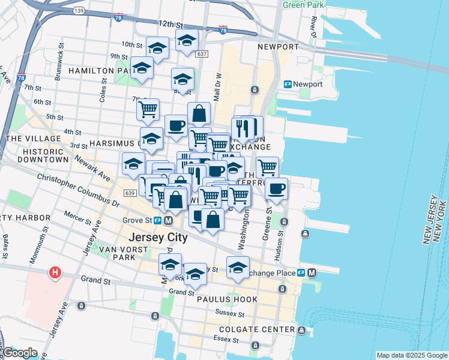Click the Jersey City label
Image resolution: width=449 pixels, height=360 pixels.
coord(158,237)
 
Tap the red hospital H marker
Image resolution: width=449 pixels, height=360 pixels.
coord(55,273)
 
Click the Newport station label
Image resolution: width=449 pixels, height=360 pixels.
coord(307,84)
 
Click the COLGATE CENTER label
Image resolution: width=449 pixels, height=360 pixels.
coord(258,329)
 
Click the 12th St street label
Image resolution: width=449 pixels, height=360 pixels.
coord(170,24)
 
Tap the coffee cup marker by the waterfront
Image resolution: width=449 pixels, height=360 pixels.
coord(276,188)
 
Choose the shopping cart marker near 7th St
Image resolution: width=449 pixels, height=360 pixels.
coord(148,109)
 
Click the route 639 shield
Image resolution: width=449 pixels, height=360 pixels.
coord(130,193)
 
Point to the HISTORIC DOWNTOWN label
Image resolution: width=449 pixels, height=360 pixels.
coord(43,155)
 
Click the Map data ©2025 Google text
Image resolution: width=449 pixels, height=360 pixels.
coord(412,355)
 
